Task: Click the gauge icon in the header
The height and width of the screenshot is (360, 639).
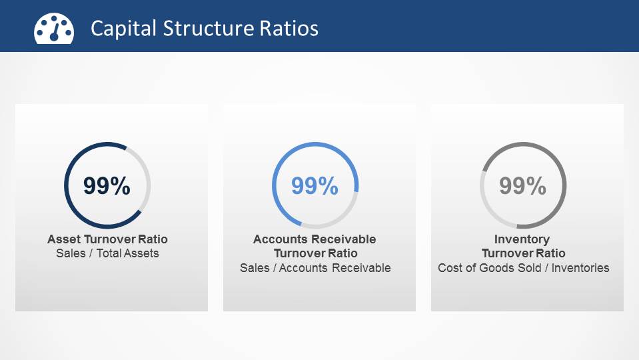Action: click(54, 28)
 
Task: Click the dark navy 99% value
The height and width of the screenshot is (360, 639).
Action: click(107, 186)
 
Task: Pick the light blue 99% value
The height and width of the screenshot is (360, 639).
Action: click(315, 186)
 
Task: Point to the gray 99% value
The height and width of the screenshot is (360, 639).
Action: click(523, 186)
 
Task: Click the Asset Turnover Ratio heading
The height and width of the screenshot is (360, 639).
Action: click(107, 239)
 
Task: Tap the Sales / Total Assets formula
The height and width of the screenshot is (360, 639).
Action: click(107, 253)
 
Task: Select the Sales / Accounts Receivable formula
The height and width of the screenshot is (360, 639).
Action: click(315, 268)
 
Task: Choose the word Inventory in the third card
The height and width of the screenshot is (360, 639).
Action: click(522, 239)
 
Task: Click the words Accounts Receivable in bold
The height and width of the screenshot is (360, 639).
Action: click(315, 239)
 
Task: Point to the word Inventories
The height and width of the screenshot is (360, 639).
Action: click(579, 268)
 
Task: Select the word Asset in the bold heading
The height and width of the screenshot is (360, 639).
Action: click(62, 239)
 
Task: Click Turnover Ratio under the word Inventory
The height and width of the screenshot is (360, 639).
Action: click(523, 253)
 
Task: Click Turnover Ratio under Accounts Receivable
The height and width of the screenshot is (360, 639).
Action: click(315, 253)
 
